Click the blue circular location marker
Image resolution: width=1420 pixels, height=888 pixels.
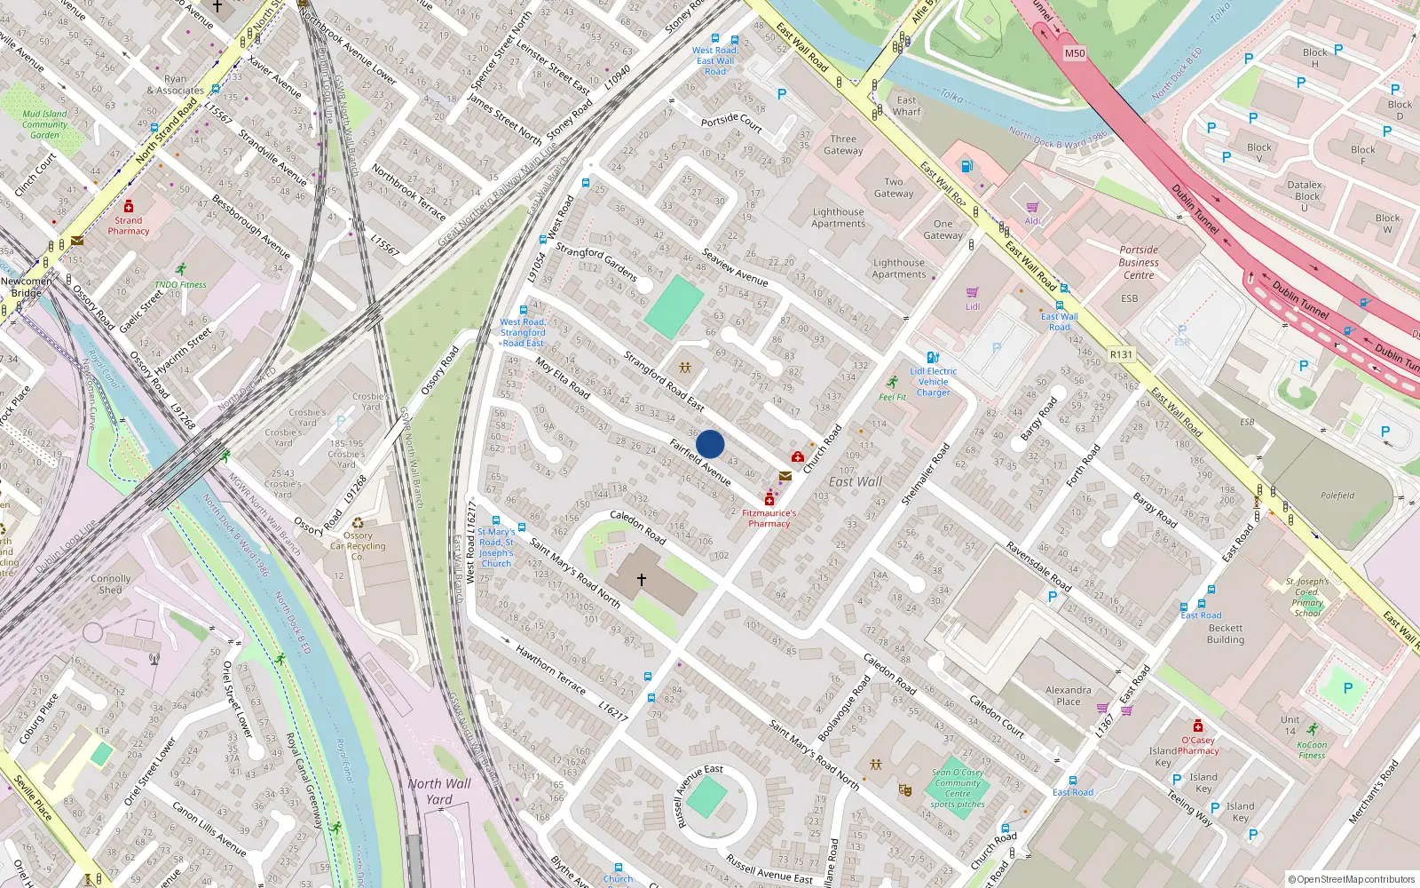(x=710, y=444)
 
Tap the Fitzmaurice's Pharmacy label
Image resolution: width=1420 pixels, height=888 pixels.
(x=769, y=519)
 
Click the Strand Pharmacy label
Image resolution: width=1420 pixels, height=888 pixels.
(x=129, y=226)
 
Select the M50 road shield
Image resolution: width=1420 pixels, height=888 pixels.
(x=1075, y=53)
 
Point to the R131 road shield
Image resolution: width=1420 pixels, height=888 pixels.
(x=1121, y=354)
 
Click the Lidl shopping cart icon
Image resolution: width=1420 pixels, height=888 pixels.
(x=973, y=292)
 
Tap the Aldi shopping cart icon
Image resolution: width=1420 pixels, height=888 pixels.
(x=1032, y=208)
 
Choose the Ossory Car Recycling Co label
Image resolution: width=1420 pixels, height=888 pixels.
(x=358, y=546)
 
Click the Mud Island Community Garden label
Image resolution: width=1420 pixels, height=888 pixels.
(x=44, y=124)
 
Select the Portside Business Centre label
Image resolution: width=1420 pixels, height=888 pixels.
(x=1139, y=262)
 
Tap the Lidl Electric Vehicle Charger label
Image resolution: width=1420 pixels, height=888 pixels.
(x=933, y=382)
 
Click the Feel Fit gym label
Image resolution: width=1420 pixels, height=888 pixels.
(x=893, y=397)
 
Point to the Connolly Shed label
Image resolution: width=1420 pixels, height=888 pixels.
(x=111, y=583)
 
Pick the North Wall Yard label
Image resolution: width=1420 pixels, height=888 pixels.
(x=439, y=791)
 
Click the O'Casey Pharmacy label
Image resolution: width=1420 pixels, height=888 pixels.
(x=1198, y=745)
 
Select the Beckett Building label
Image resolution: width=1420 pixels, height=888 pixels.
(x=1226, y=633)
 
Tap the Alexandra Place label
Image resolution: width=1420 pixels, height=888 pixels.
(x=1069, y=695)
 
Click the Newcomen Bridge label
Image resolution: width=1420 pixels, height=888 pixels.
(x=27, y=287)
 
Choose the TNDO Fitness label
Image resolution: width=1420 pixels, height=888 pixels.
(x=180, y=285)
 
